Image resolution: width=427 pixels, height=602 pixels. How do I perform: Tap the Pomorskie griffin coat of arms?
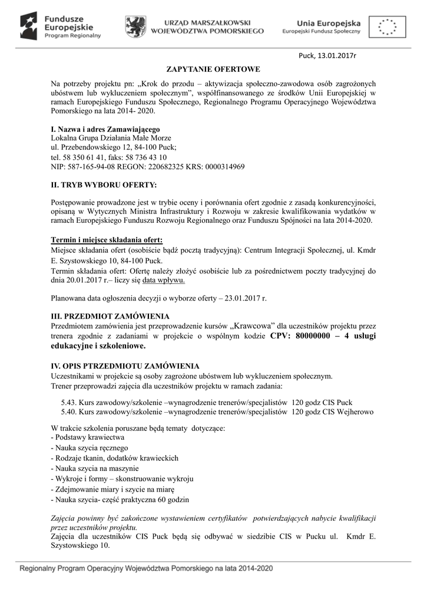(x=136, y=26)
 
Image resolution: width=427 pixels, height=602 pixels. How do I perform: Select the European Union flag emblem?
(x=386, y=26)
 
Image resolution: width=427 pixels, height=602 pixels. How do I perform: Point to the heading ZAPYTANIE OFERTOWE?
(x=213, y=69)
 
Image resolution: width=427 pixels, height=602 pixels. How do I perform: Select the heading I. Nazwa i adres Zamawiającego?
(x=105, y=129)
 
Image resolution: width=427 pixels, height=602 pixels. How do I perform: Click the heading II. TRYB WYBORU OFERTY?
(x=104, y=185)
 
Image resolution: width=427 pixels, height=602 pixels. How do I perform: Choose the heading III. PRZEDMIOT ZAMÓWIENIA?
(x=111, y=316)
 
